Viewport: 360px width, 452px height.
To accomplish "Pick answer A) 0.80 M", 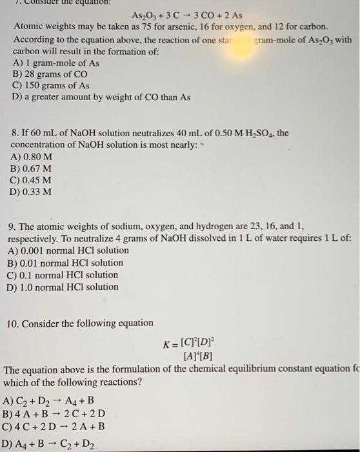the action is (x=32, y=157).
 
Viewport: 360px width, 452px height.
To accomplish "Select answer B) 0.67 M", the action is (x=32, y=169).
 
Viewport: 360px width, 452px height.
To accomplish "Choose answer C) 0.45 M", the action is (x=32, y=180).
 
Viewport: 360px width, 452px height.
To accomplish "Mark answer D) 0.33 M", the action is (x=32, y=192).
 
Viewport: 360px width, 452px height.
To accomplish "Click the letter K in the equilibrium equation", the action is (x=167, y=343).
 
